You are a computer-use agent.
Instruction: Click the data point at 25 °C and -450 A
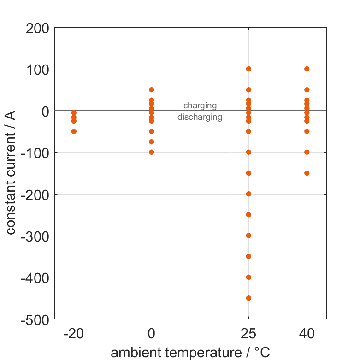[248, 298]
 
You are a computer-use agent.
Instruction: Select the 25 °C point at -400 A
[248, 277]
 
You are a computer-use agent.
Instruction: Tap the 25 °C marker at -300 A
[248, 236]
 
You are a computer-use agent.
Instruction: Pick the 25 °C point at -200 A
[248, 194]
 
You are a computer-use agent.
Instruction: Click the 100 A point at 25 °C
[248, 69]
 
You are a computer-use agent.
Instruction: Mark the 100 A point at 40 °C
[307, 69]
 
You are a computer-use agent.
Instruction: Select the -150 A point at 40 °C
[307, 173]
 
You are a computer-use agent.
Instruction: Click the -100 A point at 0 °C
[152, 152]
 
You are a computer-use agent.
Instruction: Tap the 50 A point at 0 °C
[152, 89]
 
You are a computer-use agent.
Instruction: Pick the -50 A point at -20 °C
[74, 131]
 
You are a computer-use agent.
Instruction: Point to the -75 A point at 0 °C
[152, 142]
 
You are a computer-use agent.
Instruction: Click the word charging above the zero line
[200, 106]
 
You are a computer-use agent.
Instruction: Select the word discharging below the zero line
[200, 117]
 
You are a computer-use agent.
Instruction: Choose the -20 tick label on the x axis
[74, 334]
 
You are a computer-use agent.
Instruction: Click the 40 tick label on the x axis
[307, 334]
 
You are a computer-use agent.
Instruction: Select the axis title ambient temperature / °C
[190, 353]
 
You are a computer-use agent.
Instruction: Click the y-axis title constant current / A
[11, 173]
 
